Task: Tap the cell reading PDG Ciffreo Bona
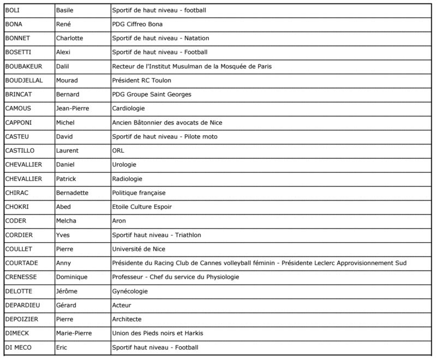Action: [137, 24]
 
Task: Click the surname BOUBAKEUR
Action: [23, 67]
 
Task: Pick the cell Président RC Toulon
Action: [141, 81]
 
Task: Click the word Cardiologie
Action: [129, 109]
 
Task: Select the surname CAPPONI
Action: [19, 123]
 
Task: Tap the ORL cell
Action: [118, 151]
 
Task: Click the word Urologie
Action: [124, 165]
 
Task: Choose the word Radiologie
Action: [127, 179]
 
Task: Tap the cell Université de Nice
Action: [139, 249]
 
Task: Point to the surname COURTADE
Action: [22, 263]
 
